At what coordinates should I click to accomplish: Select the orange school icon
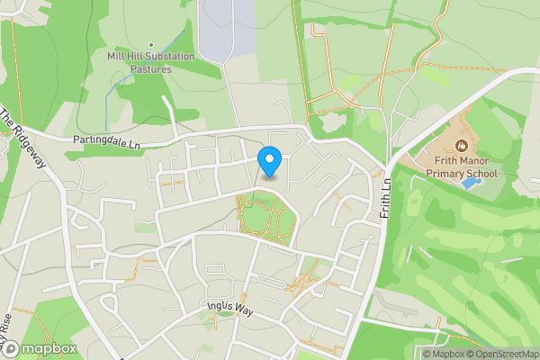pyautogui.click(x=462, y=145)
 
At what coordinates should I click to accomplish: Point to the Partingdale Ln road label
pyautogui.click(x=109, y=142)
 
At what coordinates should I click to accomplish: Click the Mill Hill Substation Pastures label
pyautogui.click(x=151, y=62)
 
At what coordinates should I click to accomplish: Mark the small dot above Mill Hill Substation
pyautogui.click(x=151, y=44)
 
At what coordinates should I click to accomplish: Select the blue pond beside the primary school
pyautogui.click(x=470, y=182)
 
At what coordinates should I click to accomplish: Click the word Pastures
pyautogui.click(x=151, y=68)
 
